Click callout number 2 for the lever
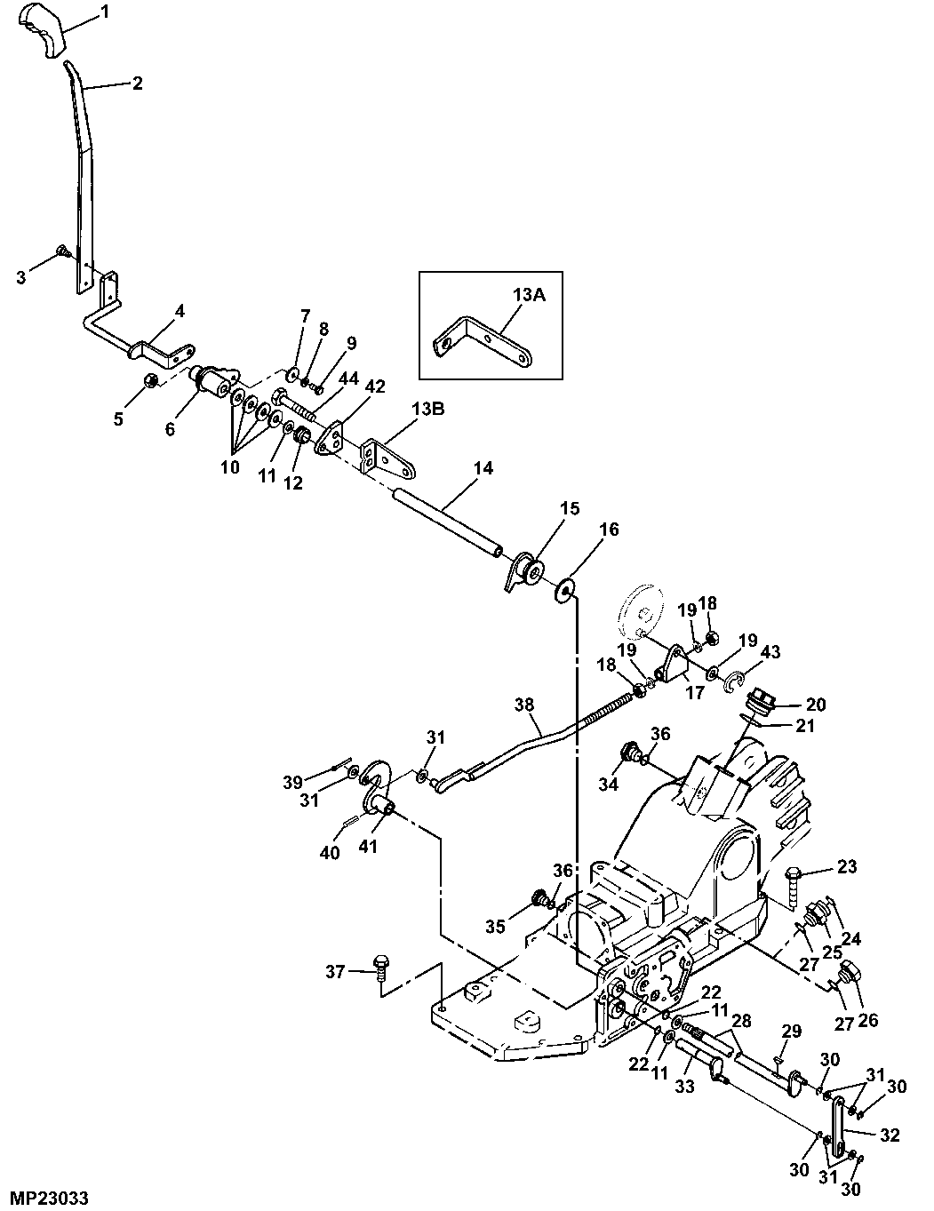pos(137,84)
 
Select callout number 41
pos(367,846)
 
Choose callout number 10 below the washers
pos(230,466)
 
